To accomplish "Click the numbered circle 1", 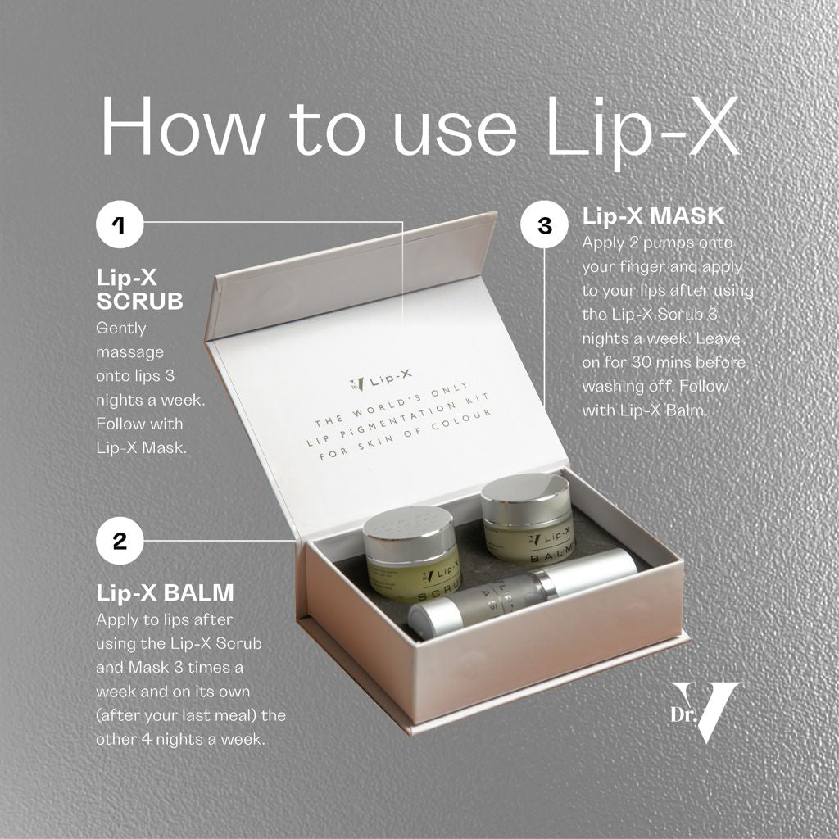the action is [x=120, y=224].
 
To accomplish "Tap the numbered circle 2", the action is [x=120, y=541].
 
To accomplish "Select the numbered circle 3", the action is [x=544, y=224].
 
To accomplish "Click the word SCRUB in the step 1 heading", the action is [x=139, y=302].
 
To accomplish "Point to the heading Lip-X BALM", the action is [x=165, y=593].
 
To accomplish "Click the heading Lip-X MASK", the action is [x=653, y=216].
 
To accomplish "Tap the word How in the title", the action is [x=183, y=126].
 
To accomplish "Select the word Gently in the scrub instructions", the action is [x=121, y=329].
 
